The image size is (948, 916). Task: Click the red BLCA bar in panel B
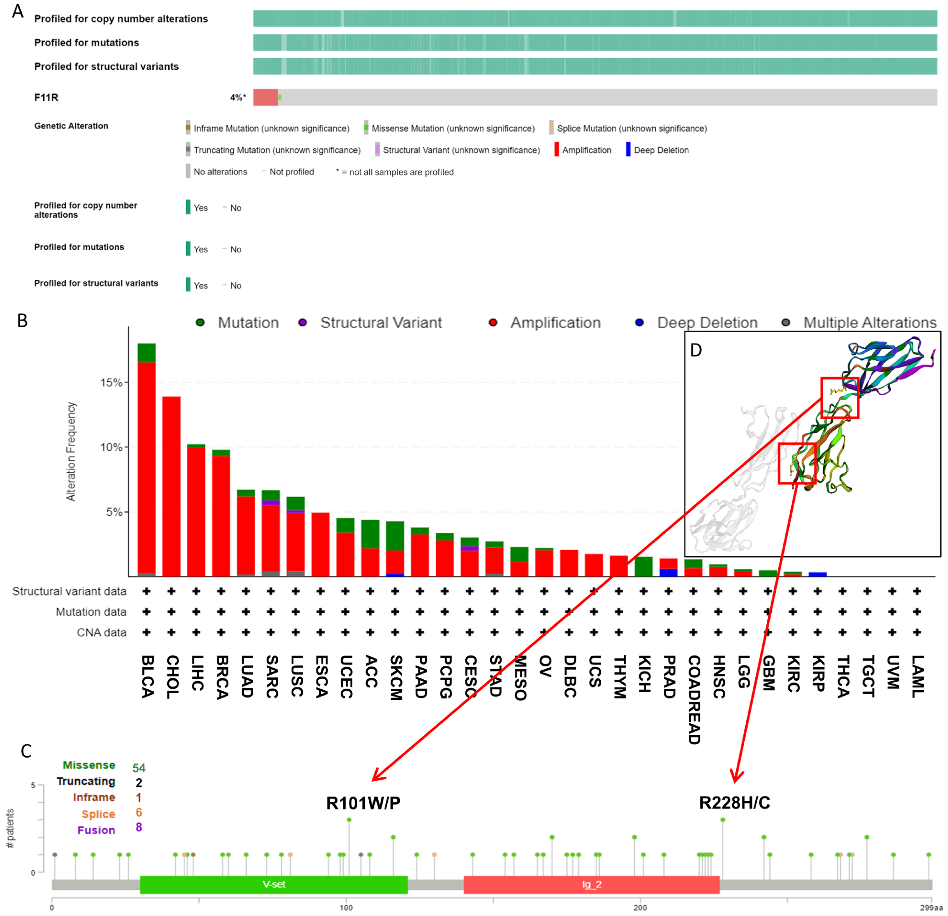point(147,467)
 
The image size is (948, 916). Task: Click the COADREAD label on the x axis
point(694,699)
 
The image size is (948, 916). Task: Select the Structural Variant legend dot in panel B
point(303,323)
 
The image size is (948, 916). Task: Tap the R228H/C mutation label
point(734,803)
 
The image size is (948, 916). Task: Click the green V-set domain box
point(274,885)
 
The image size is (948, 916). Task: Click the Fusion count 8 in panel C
point(139,827)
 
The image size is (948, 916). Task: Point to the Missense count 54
point(139,768)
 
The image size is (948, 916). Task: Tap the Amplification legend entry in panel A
point(586,150)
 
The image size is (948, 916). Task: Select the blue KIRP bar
point(817,574)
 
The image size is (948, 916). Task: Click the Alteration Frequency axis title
point(71,452)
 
